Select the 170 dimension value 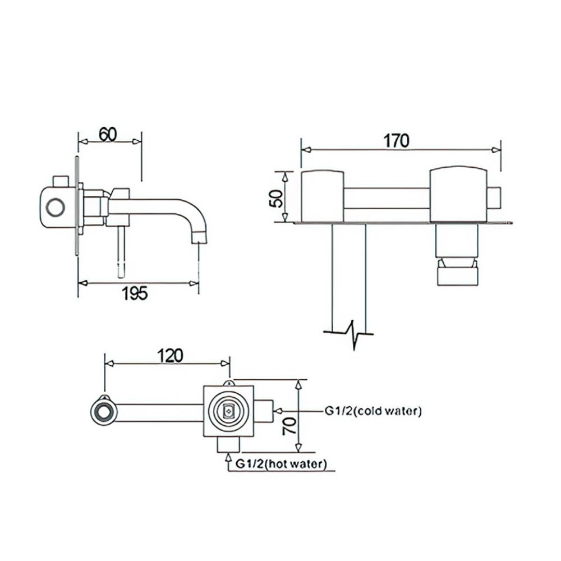(x=397, y=140)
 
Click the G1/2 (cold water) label (x=373, y=411)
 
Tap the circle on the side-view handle (x=56, y=208)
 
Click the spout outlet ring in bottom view (x=103, y=412)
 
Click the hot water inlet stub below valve (x=228, y=444)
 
